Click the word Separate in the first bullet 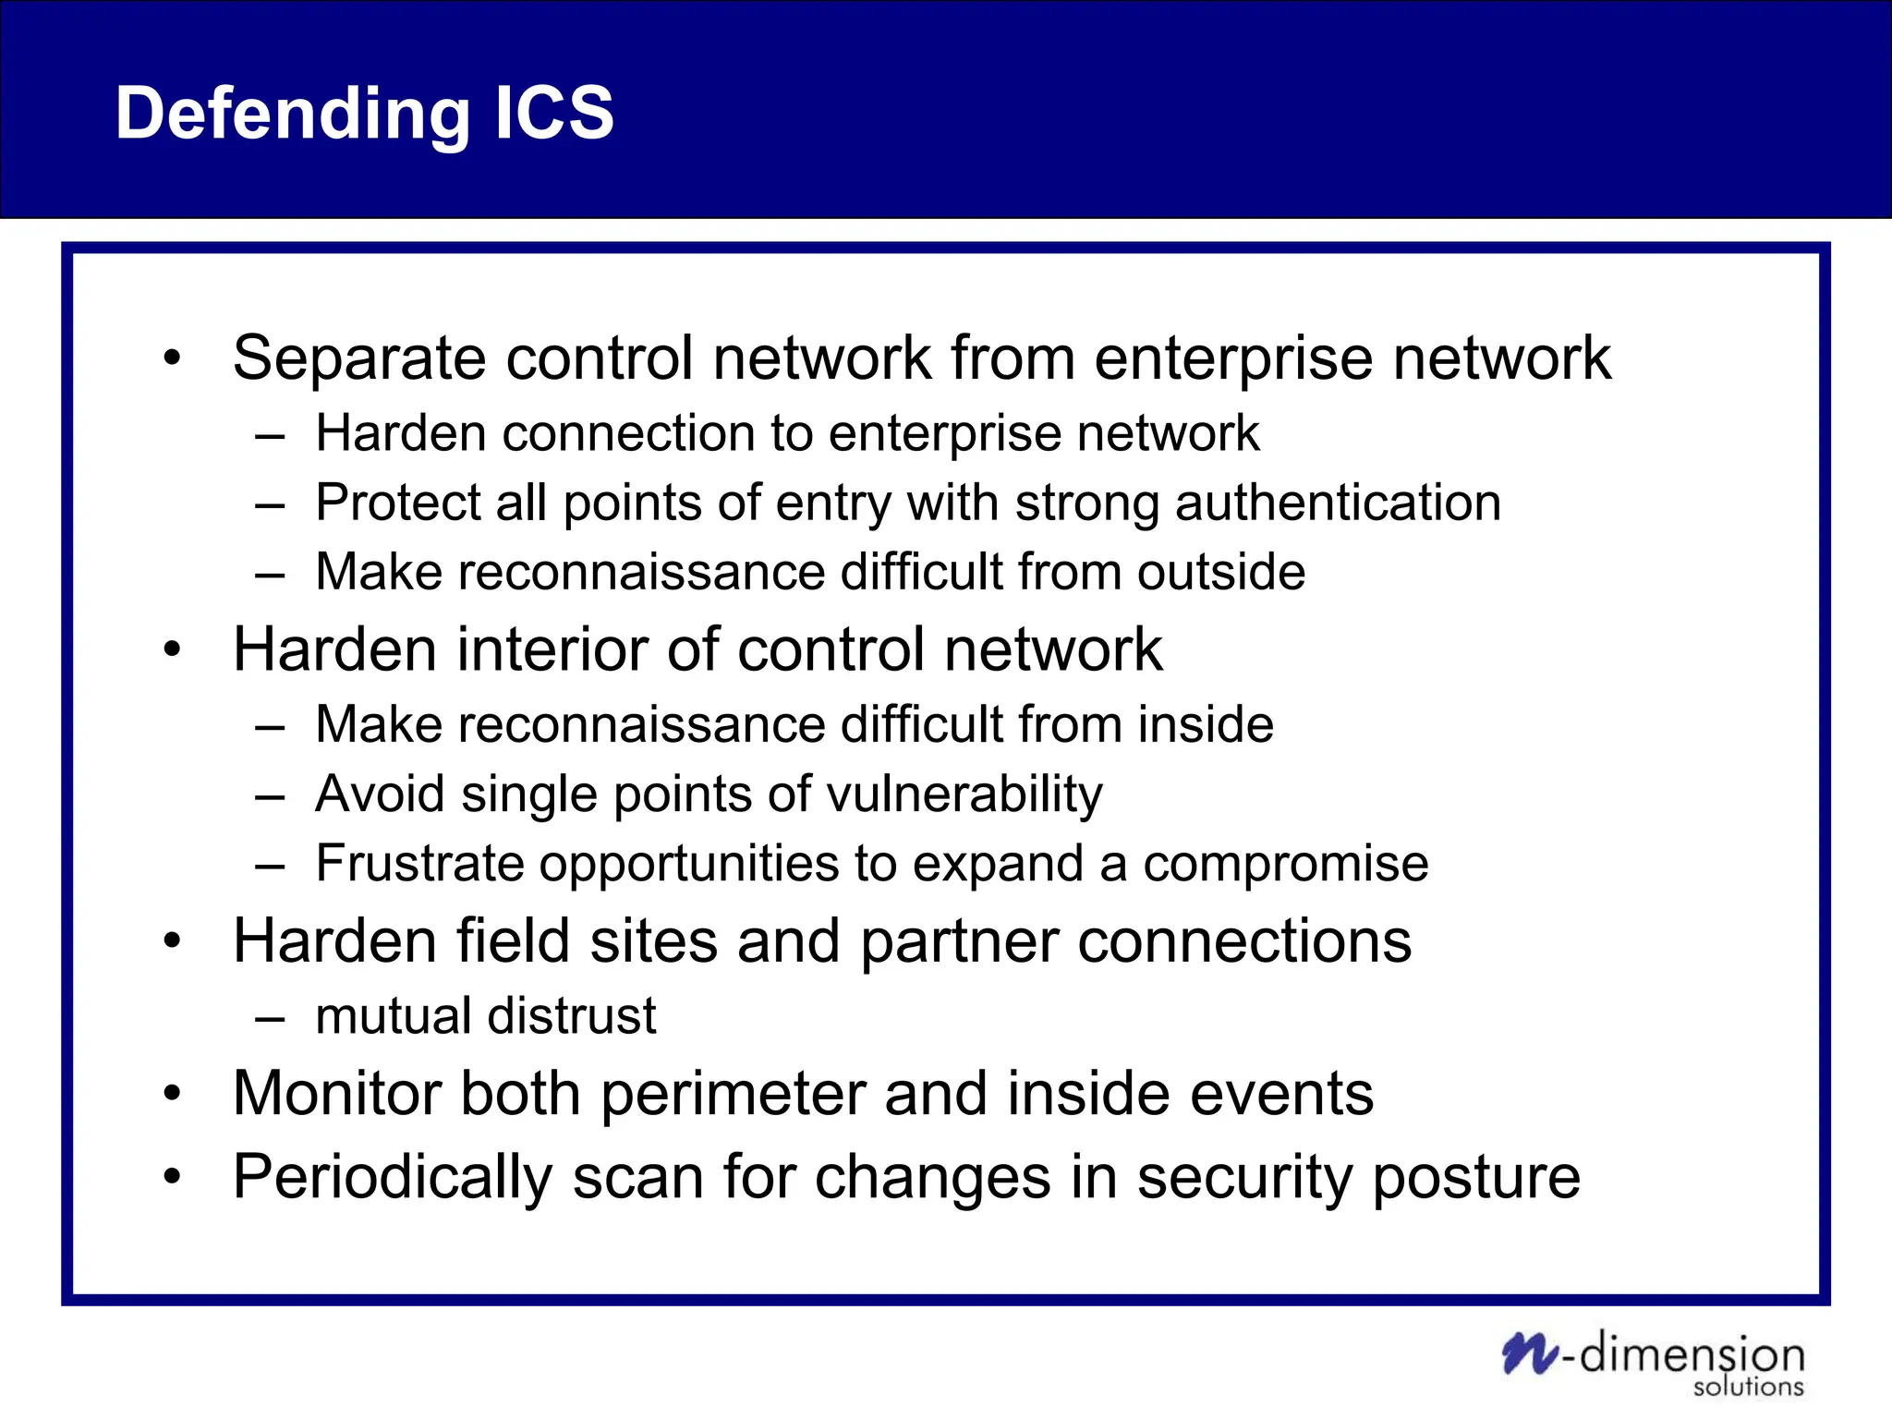tap(358, 358)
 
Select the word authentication tap(1338, 503)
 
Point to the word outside tap(1221, 572)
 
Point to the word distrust tap(572, 1016)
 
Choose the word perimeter tap(733, 1095)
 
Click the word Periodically tap(392, 1179)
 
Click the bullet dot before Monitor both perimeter tap(173, 1095)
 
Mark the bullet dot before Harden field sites tap(173, 942)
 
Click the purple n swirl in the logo tap(1529, 1353)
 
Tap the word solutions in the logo tap(1748, 1387)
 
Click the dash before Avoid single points tap(270, 796)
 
